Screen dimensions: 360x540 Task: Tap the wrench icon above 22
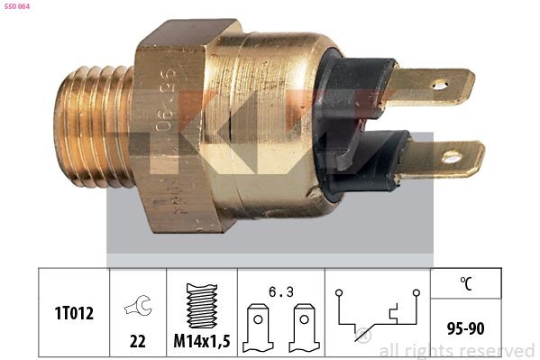tap(137, 307)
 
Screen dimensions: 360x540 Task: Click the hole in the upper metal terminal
tap(439, 85)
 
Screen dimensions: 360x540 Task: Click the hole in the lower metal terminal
tap(451, 158)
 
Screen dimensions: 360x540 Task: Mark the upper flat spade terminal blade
tap(433, 86)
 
